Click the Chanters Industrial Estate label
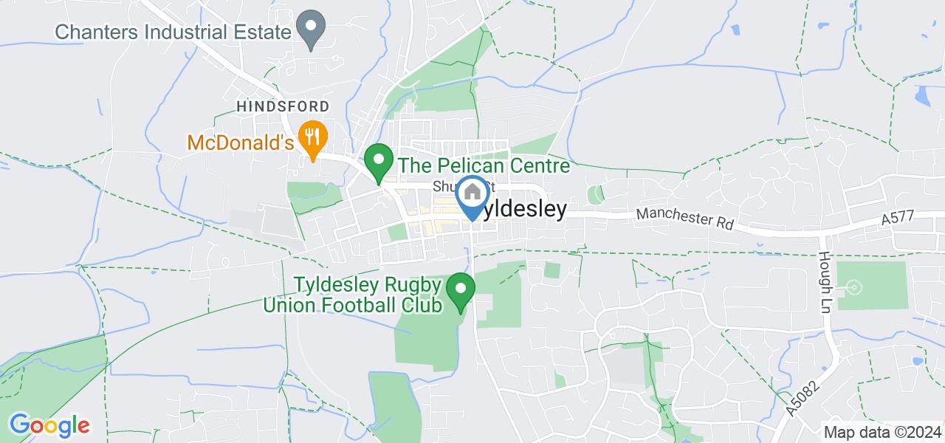[x=171, y=32]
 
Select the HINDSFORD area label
[x=283, y=107]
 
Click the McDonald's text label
[x=240, y=142]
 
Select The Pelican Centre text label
[x=484, y=165]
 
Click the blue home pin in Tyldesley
[x=472, y=195]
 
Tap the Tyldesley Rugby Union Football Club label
[x=353, y=294]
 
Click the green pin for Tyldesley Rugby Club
[x=461, y=290]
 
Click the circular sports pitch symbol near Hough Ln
[x=854, y=286]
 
